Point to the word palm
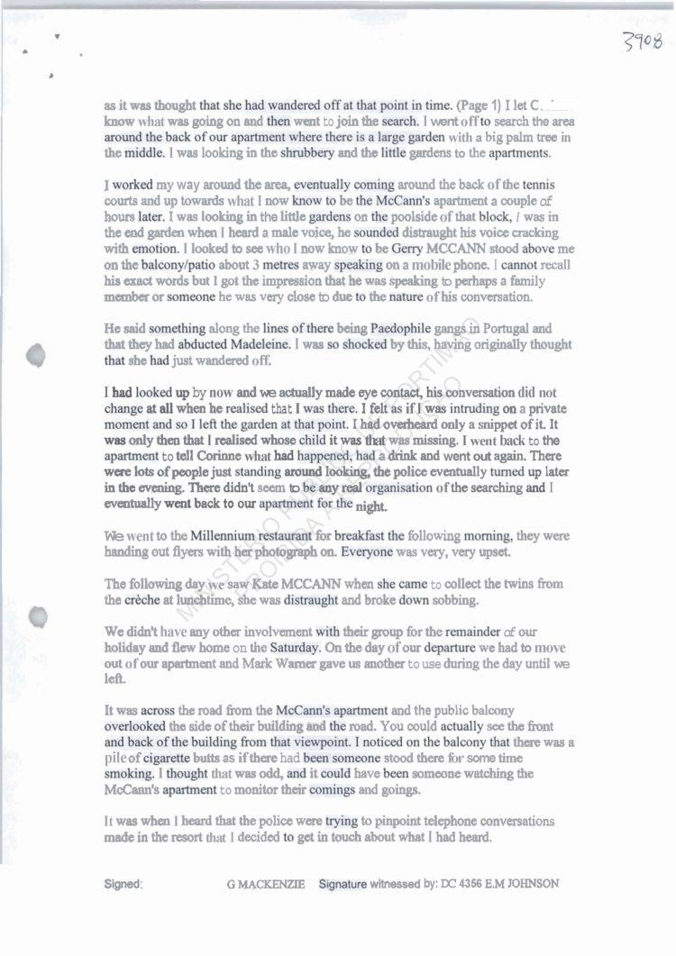coord(511,137)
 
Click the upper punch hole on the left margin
coord(37,354)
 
